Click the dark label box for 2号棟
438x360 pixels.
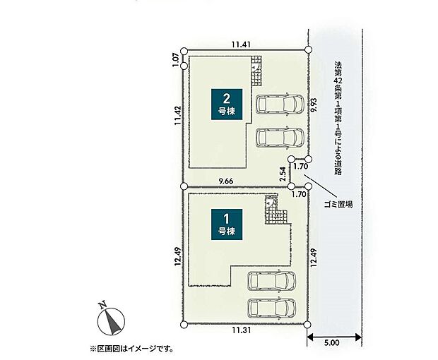click(x=227, y=104)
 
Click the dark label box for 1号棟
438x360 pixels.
click(x=227, y=224)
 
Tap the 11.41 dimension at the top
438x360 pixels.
click(x=241, y=44)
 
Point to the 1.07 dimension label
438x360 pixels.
click(x=175, y=60)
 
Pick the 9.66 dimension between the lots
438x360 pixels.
click(x=226, y=181)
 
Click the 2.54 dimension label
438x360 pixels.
click(x=283, y=174)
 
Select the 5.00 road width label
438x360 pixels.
click(x=332, y=342)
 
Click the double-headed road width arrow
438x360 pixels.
click(x=334, y=337)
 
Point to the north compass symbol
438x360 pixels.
click(x=111, y=320)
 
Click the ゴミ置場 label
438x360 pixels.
click(x=338, y=205)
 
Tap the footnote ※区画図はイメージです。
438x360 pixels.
click(x=131, y=349)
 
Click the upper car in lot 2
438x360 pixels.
click(x=280, y=104)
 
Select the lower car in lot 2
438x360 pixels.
click(x=280, y=137)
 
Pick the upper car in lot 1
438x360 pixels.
click(x=272, y=281)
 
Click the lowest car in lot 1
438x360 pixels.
click(x=272, y=308)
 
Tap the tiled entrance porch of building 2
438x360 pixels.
click(x=256, y=71)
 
